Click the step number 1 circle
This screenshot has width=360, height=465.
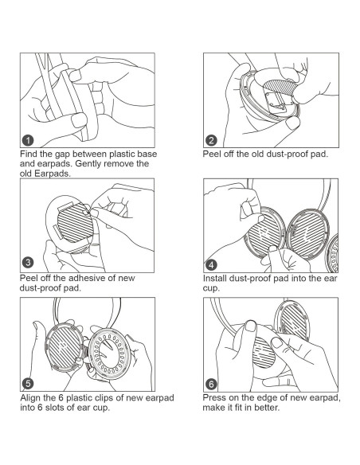pyautogui.click(x=28, y=140)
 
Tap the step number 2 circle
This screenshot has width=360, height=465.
pyautogui.click(x=211, y=140)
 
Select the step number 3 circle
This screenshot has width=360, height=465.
pyautogui.click(x=28, y=263)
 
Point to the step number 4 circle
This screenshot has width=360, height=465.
pyautogui.click(x=211, y=265)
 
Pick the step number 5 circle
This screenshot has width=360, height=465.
pyautogui.click(x=28, y=384)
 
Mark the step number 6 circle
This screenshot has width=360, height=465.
pyautogui.click(x=211, y=385)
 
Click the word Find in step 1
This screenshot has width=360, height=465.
pyautogui.click(x=29, y=154)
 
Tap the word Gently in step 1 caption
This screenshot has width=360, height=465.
pyautogui.click(x=88, y=164)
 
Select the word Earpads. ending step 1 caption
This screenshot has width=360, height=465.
pyautogui.click(x=53, y=174)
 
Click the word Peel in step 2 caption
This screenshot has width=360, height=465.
pyautogui.click(x=210, y=154)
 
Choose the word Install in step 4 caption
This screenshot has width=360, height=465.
pyautogui.click(x=215, y=279)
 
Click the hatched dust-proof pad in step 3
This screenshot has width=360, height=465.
pyautogui.click(x=75, y=222)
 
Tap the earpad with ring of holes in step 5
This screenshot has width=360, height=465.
pyautogui.click(x=110, y=354)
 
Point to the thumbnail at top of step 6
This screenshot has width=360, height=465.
pyautogui.click(x=251, y=326)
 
